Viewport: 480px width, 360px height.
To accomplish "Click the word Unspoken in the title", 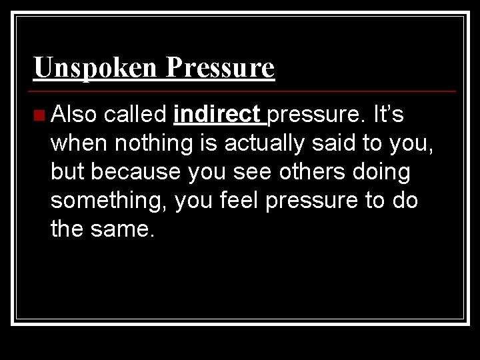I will click(95, 67).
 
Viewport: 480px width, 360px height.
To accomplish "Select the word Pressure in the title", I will click(220, 67).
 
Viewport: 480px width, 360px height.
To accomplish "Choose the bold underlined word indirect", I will click(217, 115).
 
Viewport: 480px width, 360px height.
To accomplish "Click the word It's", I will click(389, 115).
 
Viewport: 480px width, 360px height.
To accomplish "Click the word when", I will click(78, 143).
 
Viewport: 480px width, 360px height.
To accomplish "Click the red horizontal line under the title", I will click(244, 91).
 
